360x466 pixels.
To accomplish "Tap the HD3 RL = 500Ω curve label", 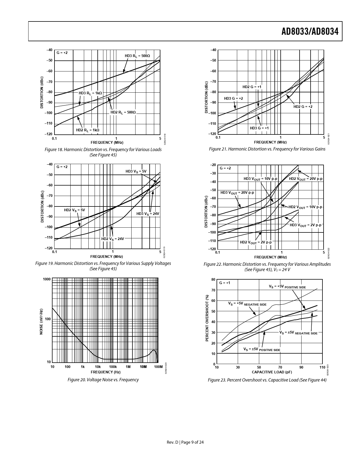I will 137,56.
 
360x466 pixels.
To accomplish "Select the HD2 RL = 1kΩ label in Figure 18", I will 88,130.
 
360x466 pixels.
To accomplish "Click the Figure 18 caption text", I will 103,152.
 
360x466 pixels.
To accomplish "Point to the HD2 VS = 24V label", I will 113,239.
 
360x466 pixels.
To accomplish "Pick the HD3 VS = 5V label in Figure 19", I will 136,171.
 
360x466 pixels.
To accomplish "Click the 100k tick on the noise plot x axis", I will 113,367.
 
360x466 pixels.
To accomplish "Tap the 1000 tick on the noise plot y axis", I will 47,279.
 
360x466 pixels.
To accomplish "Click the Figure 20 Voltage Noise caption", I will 103,380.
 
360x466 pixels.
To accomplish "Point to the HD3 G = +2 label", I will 234,99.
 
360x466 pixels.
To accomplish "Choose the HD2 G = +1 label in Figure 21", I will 252,87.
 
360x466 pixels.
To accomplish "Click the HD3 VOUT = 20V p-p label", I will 237,193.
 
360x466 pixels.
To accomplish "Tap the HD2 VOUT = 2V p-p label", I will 256,242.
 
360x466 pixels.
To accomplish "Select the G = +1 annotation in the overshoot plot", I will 225,283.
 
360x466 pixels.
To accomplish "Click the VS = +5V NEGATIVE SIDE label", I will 247,304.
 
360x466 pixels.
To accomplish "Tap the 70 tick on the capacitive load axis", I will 280,367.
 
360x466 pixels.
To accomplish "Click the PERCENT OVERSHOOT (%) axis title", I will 207,318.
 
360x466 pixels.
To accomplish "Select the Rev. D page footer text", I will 185,442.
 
